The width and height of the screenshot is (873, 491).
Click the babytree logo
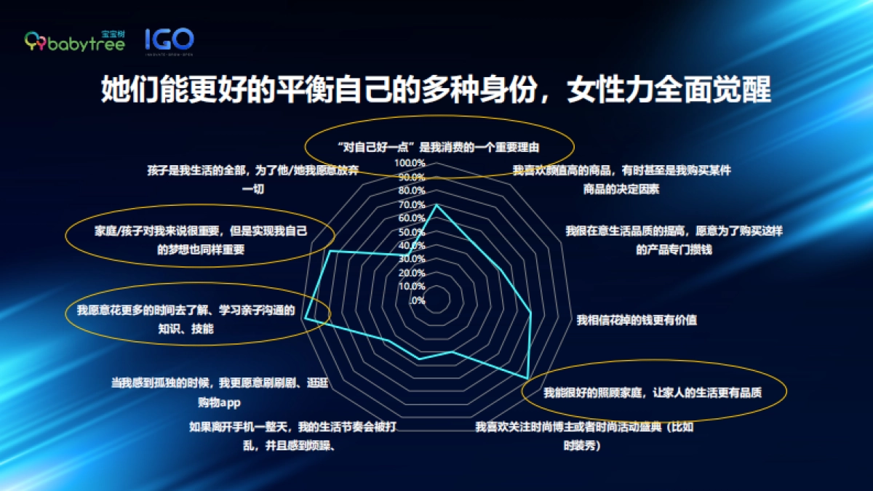point(75,41)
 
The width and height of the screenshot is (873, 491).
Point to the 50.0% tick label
point(411,231)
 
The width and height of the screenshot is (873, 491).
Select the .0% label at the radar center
point(417,300)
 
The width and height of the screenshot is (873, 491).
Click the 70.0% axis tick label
point(411,204)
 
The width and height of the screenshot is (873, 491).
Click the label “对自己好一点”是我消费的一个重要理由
point(438,147)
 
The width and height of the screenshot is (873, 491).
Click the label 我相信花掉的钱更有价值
point(637,319)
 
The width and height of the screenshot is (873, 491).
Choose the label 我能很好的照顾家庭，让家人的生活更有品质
point(653,393)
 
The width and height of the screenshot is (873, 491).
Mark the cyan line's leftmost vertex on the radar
point(306,319)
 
